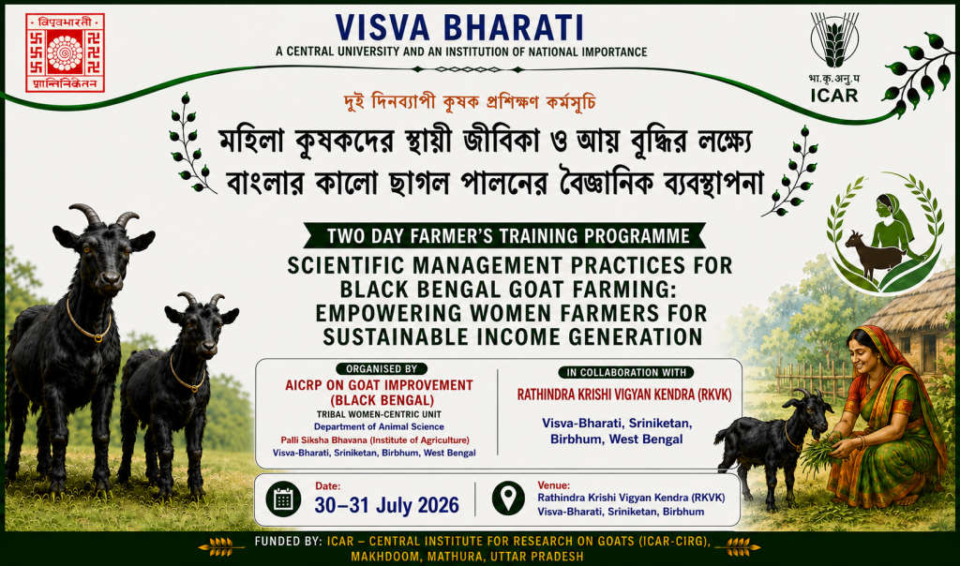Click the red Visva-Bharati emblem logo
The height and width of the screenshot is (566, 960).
click(x=65, y=53)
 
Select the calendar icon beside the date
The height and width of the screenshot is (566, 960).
click(x=283, y=499)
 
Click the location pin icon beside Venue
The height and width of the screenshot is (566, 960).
click(x=508, y=499)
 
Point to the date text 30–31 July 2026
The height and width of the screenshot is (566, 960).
click(x=387, y=505)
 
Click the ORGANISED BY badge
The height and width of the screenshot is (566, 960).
click(x=382, y=369)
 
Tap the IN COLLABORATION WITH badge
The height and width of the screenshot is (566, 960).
click(x=625, y=372)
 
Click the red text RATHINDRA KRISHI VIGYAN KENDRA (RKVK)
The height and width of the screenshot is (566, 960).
click(x=624, y=395)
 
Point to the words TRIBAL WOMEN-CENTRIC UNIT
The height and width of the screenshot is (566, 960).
click(x=379, y=414)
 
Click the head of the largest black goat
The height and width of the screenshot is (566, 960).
click(x=105, y=252)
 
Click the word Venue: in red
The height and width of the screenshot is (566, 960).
click(x=553, y=485)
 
